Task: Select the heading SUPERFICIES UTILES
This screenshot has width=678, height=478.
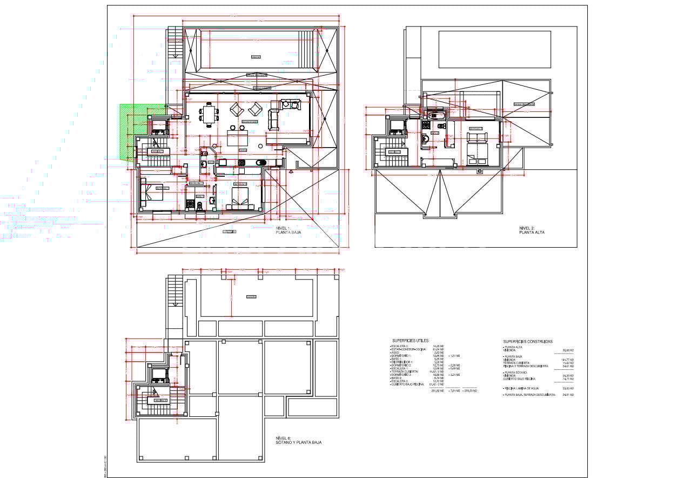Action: [x=411, y=341]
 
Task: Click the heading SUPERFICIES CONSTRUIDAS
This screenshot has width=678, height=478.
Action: [x=528, y=341]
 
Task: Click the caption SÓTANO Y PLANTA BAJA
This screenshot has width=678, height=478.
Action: [x=298, y=442]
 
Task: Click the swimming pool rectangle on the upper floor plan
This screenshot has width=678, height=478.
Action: [x=494, y=49]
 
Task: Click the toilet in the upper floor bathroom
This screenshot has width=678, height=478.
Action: [x=442, y=126]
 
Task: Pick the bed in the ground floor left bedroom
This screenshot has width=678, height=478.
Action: [x=152, y=192]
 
